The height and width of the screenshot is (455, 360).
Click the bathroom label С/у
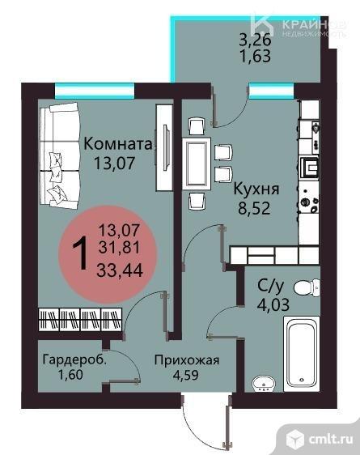click(x=269, y=285)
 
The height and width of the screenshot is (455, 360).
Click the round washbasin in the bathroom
click(x=260, y=384)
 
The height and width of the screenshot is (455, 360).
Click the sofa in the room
click(x=61, y=154)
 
